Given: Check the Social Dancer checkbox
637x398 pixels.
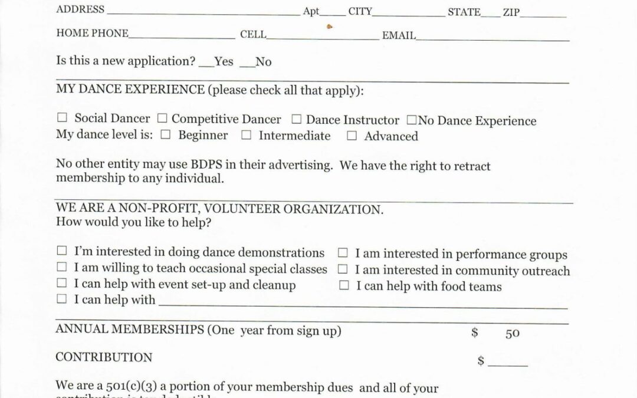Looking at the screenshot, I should (62, 119).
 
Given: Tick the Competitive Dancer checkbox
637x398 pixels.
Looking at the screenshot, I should (162, 119).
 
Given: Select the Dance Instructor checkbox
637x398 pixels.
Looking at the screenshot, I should (297, 119).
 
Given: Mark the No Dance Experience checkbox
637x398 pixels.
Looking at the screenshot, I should (411, 120).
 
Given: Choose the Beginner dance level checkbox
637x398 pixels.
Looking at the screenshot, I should (166, 135).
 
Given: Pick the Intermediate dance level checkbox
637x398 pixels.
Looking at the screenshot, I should (246, 136).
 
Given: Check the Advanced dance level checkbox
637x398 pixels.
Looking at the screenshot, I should (352, 136).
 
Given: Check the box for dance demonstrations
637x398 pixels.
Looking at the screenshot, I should (62, 252).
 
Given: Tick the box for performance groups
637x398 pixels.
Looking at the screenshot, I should (342, 254).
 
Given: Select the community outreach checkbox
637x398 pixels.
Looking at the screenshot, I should (342, 269).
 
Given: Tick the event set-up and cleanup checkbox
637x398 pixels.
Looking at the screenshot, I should (62, 284).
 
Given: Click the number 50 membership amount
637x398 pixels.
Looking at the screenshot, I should (512, 334).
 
